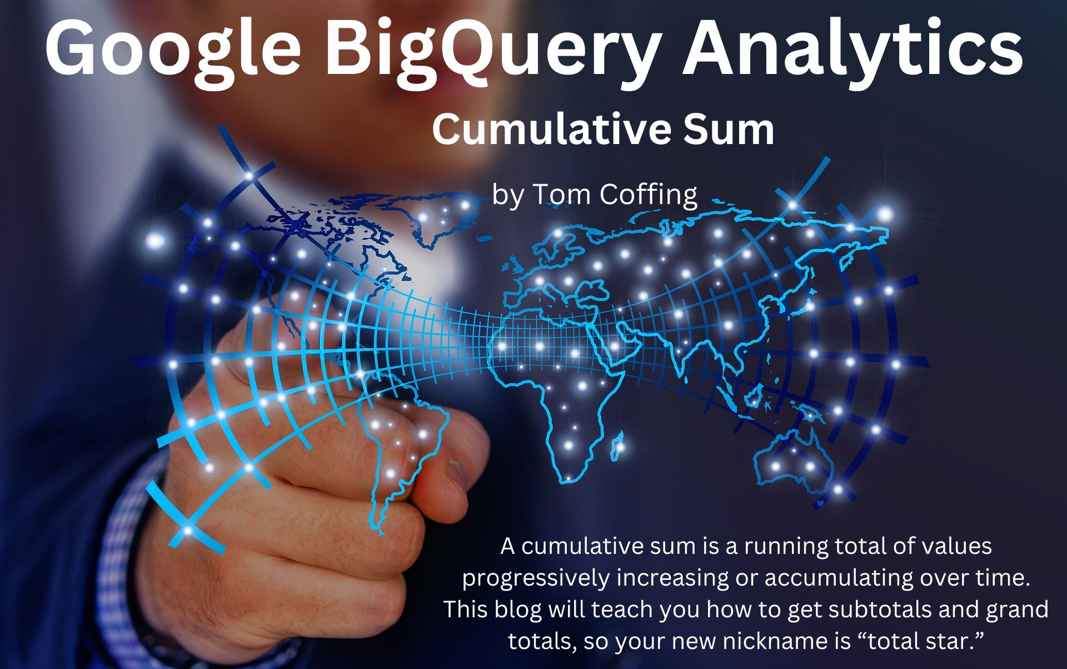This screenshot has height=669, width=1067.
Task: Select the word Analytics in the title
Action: pos(854,49)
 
